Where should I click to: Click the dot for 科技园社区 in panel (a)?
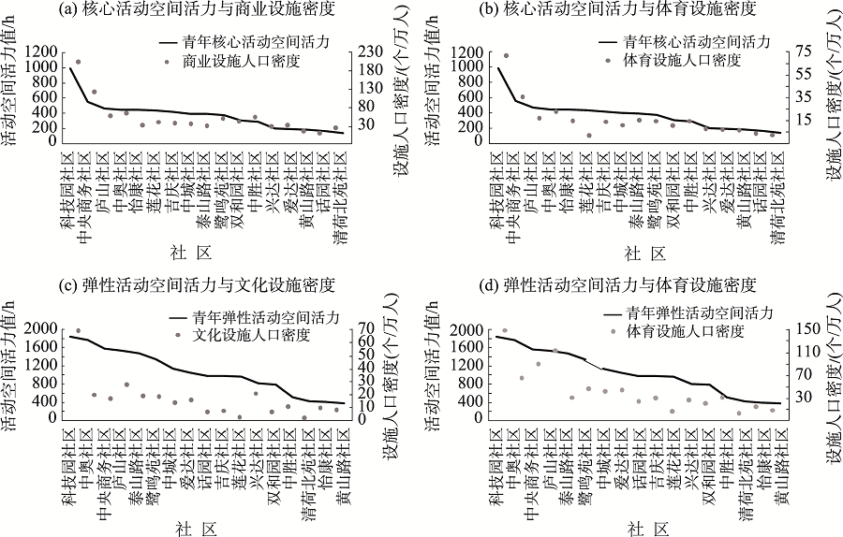[78, 62]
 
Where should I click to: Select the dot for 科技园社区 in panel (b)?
[507, 56]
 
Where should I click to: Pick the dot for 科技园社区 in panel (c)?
[78, 330]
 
